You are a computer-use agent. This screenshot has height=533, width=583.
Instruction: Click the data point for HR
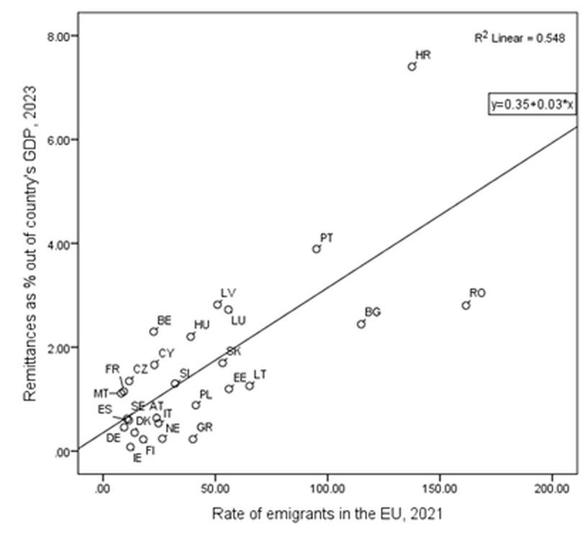click(412, 66)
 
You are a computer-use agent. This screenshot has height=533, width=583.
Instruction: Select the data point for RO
click(466, 305)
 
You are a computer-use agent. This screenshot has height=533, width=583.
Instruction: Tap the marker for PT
click(316, 249)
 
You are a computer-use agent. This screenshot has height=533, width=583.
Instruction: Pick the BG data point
click(361, 324)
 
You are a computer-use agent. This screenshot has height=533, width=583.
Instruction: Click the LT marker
click(250, 386)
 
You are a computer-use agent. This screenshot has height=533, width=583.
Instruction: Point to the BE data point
click(153, 332)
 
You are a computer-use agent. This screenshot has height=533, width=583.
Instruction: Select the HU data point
click(191, 337)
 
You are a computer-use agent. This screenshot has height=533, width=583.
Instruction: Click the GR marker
click(193, 439)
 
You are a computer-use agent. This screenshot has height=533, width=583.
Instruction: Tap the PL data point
click(196, 405)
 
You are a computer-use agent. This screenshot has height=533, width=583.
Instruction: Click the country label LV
click(228, 293)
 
